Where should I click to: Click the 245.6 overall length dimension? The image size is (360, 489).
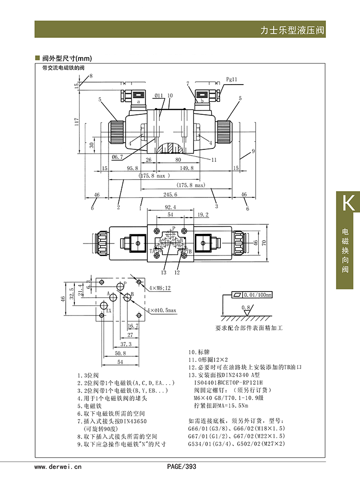[170, 195]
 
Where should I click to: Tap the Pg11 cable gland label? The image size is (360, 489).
[231, 79]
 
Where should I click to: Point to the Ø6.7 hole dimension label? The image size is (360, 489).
[118, 157]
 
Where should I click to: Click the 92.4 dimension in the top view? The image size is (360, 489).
[170, 208]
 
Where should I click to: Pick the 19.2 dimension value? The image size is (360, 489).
[203, 215]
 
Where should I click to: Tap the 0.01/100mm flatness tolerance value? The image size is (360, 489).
[258, 294]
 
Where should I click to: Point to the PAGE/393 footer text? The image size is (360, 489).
[181, 466]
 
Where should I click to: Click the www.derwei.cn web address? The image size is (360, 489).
[58, 466]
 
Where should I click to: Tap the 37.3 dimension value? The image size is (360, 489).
[125, 344]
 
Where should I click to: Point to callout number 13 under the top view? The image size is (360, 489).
[164, 272]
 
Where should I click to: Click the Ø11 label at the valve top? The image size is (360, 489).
[159, 96]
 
